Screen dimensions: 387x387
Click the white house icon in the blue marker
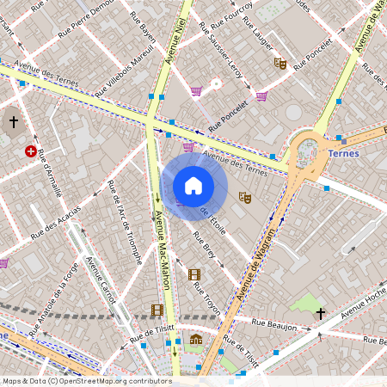click(193, 186)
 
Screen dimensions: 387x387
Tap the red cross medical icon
click(31, 151)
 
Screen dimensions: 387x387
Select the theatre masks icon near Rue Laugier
click(279, 63)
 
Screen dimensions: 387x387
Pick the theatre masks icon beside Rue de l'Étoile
click(244, 197)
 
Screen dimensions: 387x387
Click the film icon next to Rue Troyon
click(194, 274)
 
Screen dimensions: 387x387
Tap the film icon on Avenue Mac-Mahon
click(157, 310)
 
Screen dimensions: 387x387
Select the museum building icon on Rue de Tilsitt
click(196, 339)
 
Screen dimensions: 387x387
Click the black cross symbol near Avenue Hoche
click(321, 314)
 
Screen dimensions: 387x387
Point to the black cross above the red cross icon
click(14, 123)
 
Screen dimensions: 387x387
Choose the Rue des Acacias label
click(56, 221)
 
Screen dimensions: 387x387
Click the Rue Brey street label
click(205, 245)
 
